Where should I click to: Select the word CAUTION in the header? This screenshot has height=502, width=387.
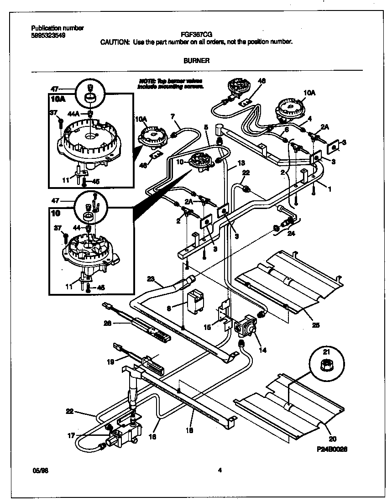click(x=115, y=42)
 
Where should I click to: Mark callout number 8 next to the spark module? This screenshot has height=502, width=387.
click(x=169, y=309)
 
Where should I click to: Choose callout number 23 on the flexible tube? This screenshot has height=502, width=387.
click(x=151, y=278)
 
